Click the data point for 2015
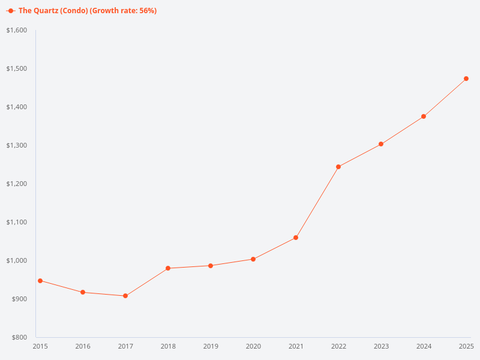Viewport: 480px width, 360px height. (40, 281)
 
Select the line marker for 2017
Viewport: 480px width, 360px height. (125, 296)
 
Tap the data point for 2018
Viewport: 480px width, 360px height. (168, 268)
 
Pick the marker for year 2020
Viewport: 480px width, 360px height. (253, 259)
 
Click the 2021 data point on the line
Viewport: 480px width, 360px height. (296, 238)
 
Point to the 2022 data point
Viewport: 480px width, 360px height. (338, 167)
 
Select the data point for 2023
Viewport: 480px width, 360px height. (381, 144)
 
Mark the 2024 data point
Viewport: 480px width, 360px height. (424, 116)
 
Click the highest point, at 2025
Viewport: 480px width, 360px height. (466, 79)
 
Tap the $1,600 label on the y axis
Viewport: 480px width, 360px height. (17, 30)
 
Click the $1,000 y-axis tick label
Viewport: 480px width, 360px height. (17, 260)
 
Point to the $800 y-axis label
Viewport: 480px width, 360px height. (19, 337)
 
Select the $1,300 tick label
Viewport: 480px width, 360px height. (17, 145)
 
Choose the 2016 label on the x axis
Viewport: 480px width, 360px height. (83, 346)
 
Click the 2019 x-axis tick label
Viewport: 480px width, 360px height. (211, 346)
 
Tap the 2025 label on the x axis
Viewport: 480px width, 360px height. (466, 346)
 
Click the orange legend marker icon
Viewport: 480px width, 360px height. (11, 11)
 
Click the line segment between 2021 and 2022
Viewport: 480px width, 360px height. (317, 202)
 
